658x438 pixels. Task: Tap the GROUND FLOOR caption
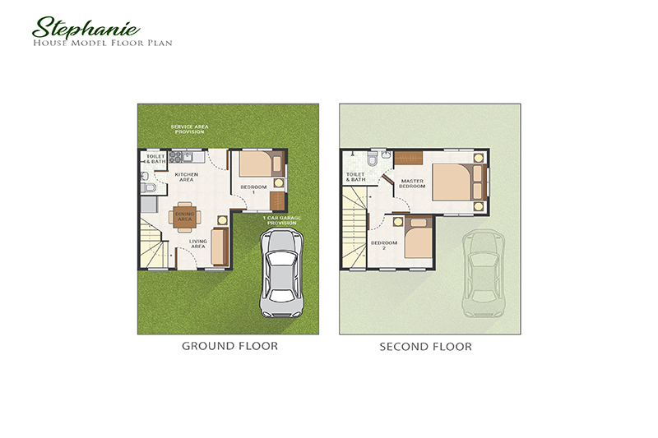229,346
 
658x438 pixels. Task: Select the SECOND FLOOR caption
425,347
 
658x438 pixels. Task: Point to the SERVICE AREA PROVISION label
188,129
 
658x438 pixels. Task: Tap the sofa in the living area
220,247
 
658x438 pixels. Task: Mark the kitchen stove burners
175,155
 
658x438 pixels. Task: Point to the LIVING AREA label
197,243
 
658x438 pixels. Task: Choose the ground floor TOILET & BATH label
155,158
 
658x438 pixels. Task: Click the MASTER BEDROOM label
412,183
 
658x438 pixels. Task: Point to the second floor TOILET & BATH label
355,177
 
